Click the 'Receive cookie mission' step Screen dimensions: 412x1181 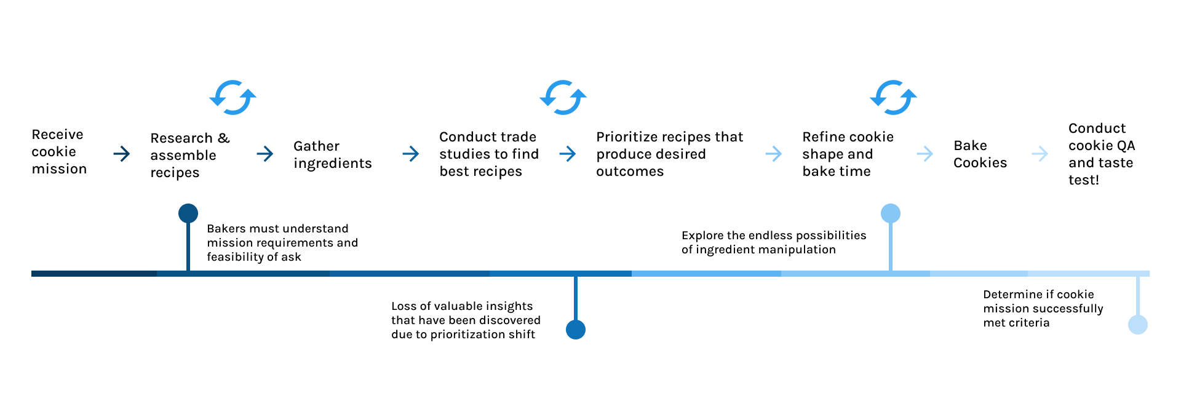point(59,152)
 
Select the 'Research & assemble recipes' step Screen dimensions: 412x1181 point(189,155)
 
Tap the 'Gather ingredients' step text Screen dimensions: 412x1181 point(332,154)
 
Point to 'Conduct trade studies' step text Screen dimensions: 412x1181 point(488,154)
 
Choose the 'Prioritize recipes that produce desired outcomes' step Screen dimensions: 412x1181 point(669,154)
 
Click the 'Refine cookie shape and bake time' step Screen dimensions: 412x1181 point(848,154)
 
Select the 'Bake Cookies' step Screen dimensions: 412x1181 point(980,154)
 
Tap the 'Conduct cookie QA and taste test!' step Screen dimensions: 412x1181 point(1101,154)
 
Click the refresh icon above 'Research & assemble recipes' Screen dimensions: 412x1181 point(233,97)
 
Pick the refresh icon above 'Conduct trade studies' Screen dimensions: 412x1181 point(563,97)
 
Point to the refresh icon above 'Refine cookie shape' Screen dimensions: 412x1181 point(893,97)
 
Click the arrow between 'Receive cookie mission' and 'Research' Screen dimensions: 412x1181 point(122,154)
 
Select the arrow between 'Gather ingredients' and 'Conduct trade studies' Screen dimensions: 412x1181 point(410,154)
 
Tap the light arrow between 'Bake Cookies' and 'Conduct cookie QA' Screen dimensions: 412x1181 point(1040,154)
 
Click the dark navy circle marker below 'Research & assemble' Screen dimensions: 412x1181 point(188,213)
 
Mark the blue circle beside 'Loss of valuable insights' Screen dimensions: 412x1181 point(576,330)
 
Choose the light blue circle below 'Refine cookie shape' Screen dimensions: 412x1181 point(891,213)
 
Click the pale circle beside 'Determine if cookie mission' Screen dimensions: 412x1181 point(1138,325)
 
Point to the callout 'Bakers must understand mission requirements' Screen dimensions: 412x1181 point(282,243)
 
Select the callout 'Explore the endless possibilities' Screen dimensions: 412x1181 point(773,242)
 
